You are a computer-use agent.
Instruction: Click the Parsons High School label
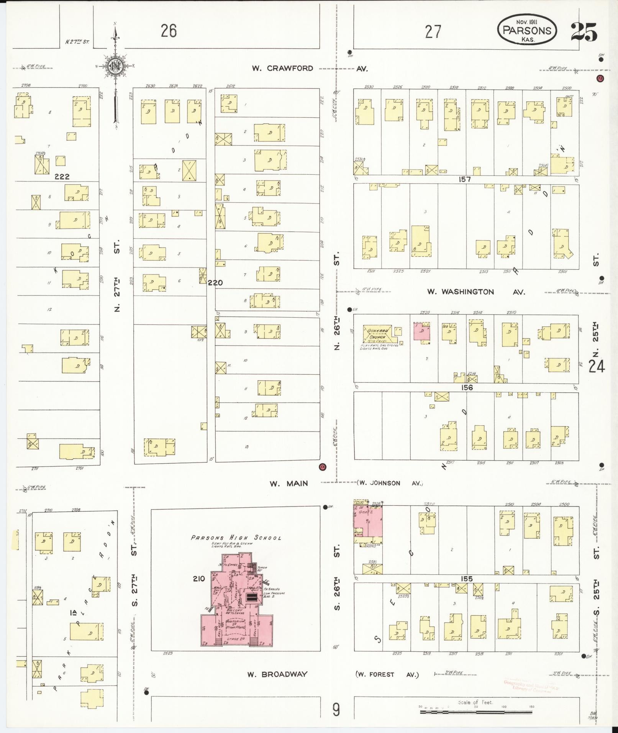[x=236, y=538]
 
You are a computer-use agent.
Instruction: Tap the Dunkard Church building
[x=377, y=334]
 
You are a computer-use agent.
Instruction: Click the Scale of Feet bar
[x=476, y=712]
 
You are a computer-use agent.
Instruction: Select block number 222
[x=62, y=177]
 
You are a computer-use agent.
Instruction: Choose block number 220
[x=215, y=283]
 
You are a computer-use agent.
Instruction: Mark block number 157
[x=466, y=179]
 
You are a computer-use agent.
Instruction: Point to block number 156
[x=467, y=387]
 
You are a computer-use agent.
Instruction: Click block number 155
[x=467, y=579]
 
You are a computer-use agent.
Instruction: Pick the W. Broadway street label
[x=277, y=674]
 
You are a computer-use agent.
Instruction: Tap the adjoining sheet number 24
[x=597, y=367]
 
